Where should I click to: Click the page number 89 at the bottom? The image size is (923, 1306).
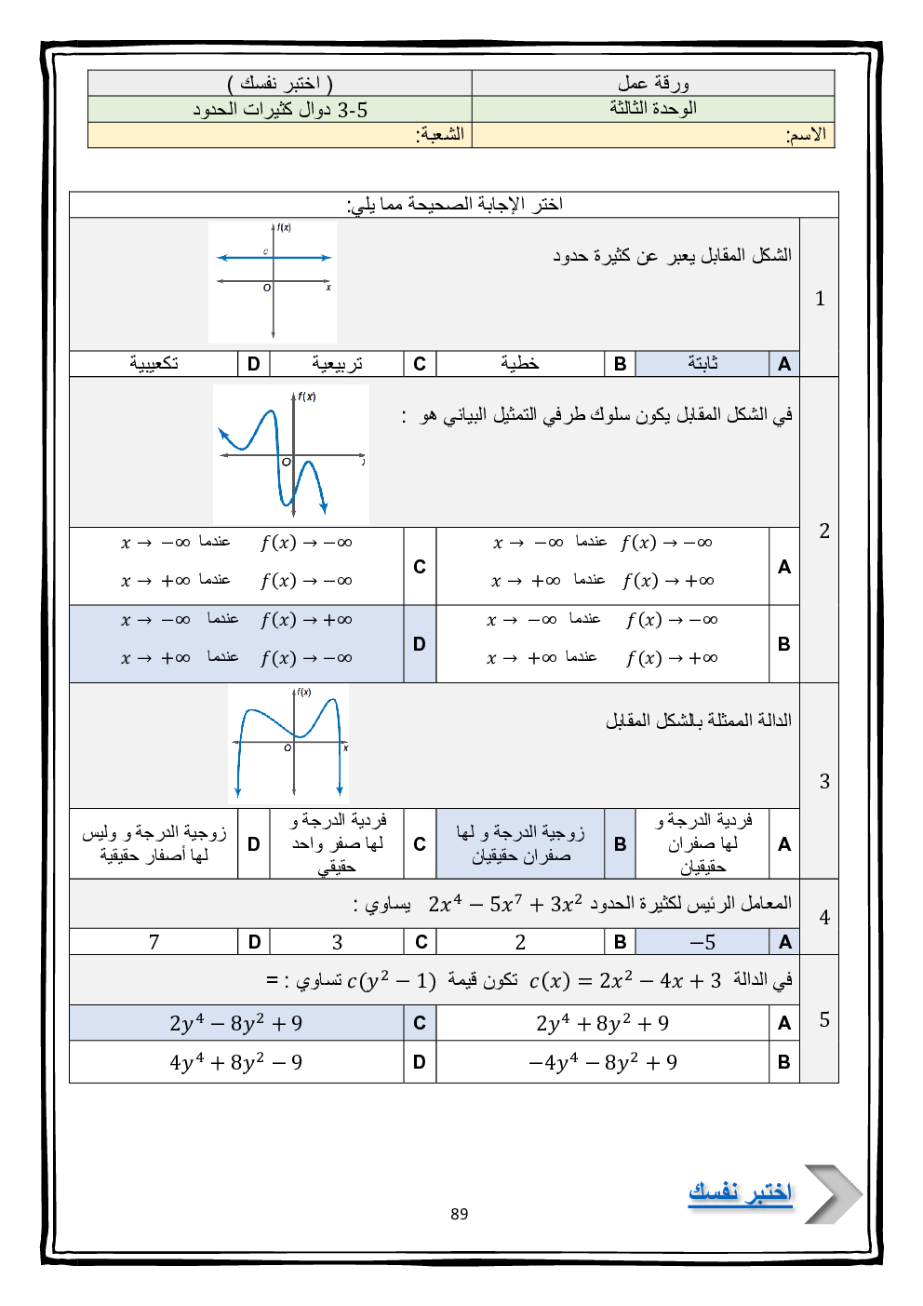pyautogui.click(x=459, y=1214)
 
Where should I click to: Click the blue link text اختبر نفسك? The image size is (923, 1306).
pyautogui.click(x=740, y=1192)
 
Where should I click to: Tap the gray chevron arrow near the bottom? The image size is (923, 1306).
pyautogui.click(x=832, y=1193)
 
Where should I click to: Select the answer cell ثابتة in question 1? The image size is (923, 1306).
pyautogui.click(x=702, y=363)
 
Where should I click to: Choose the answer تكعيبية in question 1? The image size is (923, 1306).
pyautogui.click(x=154, y=363)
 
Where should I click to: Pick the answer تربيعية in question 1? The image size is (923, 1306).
pyautogui.click(x=337, y=363)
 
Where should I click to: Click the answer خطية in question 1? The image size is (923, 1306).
pyautogui.click(x=520, y=363)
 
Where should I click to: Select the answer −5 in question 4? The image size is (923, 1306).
pyautogui.click(x=702, y=942)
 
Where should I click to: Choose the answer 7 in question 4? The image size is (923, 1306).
pyautogui.click(x=154, y=942)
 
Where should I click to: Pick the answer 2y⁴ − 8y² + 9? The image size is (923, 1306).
pyautogui.click(x=236, y=1023)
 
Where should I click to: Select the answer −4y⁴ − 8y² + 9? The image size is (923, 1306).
pyautogui.click(x=603, y=1062)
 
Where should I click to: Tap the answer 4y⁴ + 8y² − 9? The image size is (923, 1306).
pyautogui.click(x=236, y=1062)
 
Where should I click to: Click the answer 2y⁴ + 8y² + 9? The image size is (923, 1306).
pyautogui.click(x=603, y=1023)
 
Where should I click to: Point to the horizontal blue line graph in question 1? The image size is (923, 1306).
pyautogui.click(x=274, y=258)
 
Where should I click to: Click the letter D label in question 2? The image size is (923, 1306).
pyautogui.click(x=420, y=643)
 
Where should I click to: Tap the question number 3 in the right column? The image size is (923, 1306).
pyautogui.click(x=823, y=781)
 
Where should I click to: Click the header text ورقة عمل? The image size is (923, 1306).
pyautogui.click(x=653, y=83)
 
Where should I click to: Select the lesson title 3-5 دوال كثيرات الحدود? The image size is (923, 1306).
pyautogui.click(x=280, y=110)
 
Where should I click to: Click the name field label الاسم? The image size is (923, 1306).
pyautogui.click(x=806, y=135)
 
